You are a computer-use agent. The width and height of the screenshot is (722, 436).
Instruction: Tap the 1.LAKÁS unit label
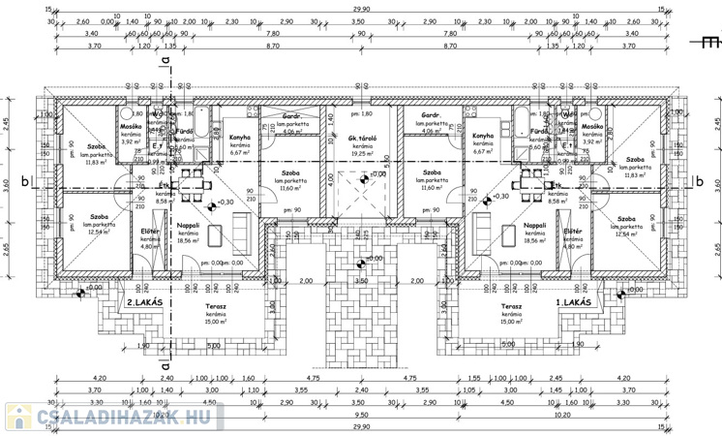coord(577,303)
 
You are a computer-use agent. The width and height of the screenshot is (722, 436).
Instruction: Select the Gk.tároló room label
coord(362,140)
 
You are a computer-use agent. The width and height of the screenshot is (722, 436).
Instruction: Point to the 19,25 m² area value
coord(362,153)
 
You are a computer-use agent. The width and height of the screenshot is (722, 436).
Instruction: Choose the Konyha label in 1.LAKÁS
coord(484,137)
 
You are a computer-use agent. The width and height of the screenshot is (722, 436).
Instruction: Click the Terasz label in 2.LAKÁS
coord(216,306)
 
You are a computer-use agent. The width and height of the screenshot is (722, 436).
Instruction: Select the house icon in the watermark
coord(17,417)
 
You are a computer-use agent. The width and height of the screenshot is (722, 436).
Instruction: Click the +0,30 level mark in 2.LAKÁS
coord(226,202)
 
